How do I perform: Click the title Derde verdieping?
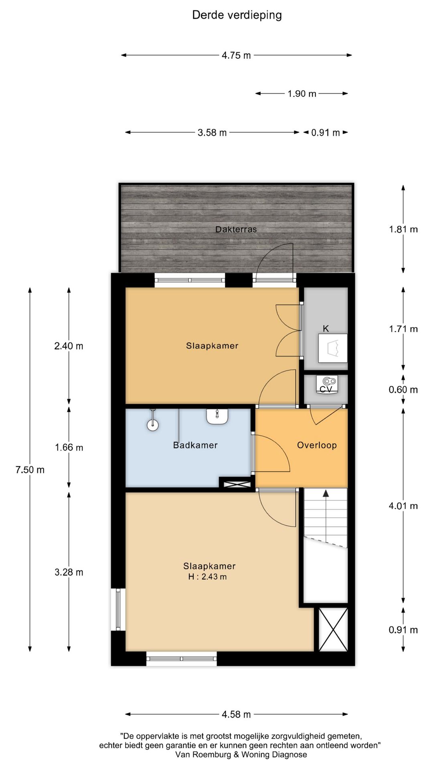(x=237, y=15)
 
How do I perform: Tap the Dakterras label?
(x=236, y=229)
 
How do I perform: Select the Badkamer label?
(x=195, y=445)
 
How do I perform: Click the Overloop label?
(x=317, y=445)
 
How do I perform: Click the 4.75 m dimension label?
(x=236, y=55)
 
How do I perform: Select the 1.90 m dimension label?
(x=302, y=94)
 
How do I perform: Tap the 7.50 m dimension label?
(x=30, y=470)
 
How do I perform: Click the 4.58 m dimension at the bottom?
(x=236, y=714)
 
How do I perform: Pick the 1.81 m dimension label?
(x=403, y=229)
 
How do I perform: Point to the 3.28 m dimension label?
(x=69, y=572)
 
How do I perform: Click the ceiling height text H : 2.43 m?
(x=208, y=577)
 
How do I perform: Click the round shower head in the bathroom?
(x=153, y=425)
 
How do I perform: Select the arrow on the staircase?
(x=326, y=494)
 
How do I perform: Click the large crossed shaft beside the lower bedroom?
(x=333, y=629)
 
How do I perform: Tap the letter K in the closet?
(x=326, y=328)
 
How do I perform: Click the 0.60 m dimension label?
(x=403, y=390)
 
